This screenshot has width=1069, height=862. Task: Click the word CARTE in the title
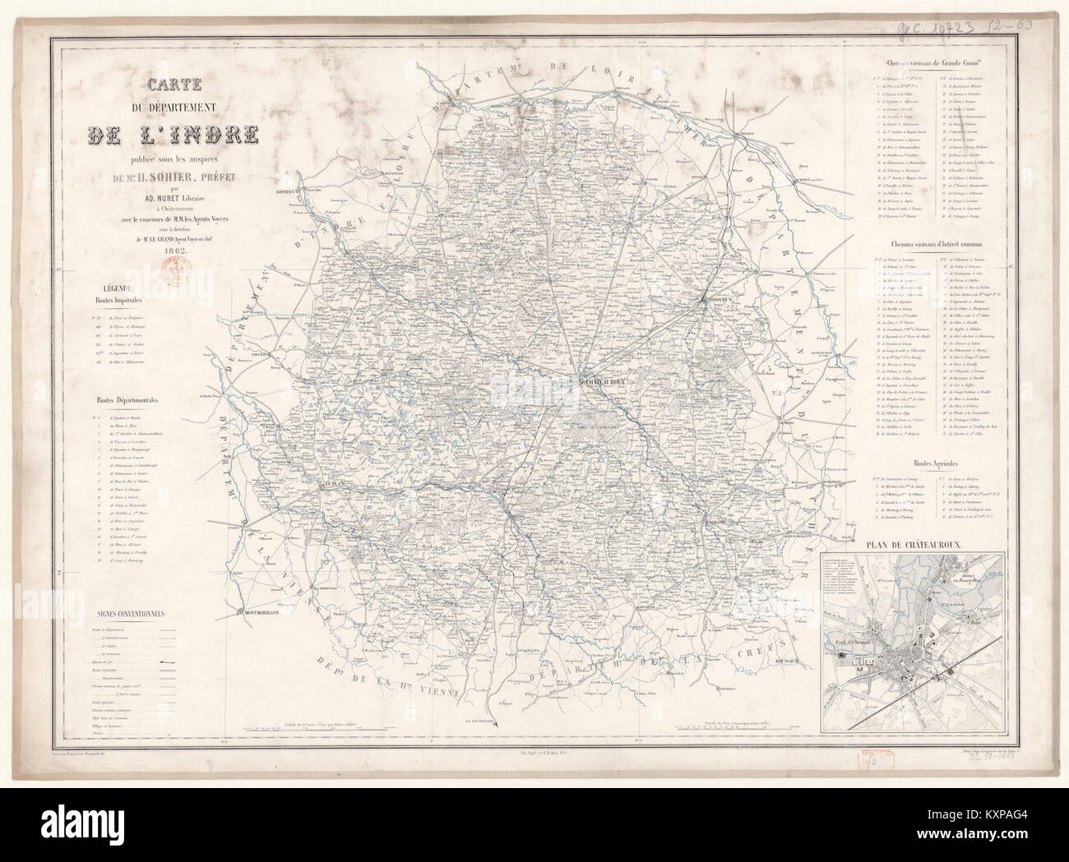coord(174,85)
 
